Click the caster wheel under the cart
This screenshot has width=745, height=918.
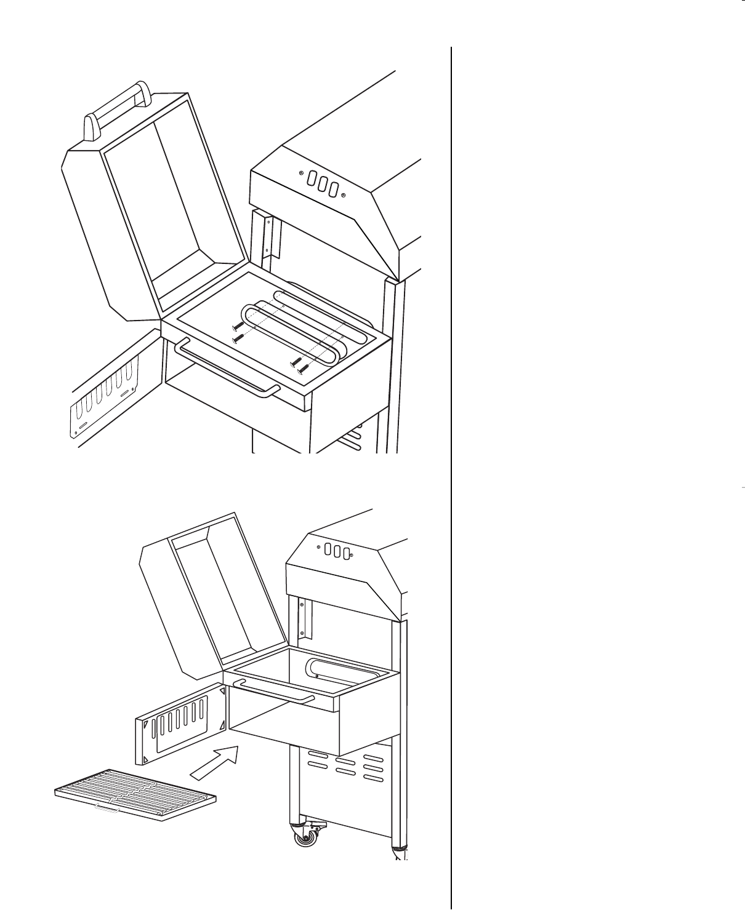304,837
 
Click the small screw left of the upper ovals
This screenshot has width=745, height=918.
301,174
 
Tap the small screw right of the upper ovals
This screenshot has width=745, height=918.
343,196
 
